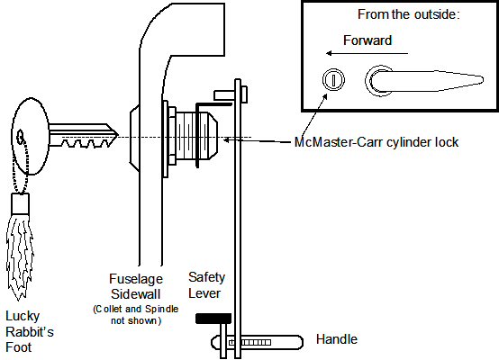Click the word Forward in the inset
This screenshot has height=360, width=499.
pos(367,40)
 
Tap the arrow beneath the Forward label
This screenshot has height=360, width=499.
pos(367,53)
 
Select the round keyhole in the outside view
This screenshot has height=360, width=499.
pos(333,79)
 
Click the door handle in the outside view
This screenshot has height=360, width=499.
pos(424,81)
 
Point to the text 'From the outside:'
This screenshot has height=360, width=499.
pos(409,14)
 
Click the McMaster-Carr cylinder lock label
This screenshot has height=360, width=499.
pos(377,142)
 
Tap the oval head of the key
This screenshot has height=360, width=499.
pos(31,136)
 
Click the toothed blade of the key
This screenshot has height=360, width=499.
pos(84,136)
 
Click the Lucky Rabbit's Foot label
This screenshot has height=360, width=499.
pos(30,332)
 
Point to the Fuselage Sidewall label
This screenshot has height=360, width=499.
pos(136,286)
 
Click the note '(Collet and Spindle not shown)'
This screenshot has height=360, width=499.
pos(136,314)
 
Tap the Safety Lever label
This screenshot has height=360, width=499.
pos(206,285)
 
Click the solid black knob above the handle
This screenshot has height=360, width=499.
pos(213,319)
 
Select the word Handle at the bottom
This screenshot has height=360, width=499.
pos(337,339)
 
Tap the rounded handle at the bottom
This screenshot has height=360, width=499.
pos(257,343)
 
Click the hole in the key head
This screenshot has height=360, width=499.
pos(21,137)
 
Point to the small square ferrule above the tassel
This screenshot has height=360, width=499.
pos(21,203)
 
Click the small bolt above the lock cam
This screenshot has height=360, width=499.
pos(231,94)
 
